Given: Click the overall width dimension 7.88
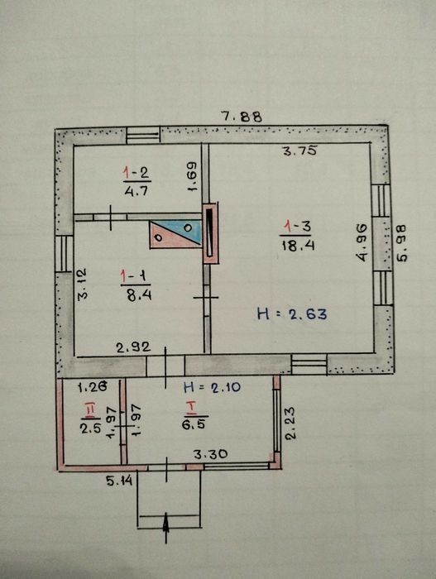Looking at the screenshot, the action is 242,117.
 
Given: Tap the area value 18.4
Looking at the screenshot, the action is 298,245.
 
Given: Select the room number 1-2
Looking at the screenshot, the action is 137,172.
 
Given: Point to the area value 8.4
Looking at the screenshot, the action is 139,295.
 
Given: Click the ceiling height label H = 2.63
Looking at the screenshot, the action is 292,314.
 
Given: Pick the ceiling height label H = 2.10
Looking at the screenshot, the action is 212,387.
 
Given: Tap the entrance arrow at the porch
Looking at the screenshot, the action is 166,528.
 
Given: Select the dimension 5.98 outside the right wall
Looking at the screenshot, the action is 401,243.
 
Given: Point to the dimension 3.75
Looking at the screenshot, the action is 299,151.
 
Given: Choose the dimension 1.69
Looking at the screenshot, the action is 192,176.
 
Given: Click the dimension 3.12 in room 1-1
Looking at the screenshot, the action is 82,284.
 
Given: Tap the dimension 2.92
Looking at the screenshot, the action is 133,347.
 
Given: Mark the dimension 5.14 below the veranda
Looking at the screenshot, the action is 119,481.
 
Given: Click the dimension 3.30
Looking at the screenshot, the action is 211,454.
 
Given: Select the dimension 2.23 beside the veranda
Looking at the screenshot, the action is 290,423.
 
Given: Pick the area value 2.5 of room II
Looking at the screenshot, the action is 90,428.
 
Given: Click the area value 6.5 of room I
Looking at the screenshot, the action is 194,423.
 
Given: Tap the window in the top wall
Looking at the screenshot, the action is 143,135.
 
